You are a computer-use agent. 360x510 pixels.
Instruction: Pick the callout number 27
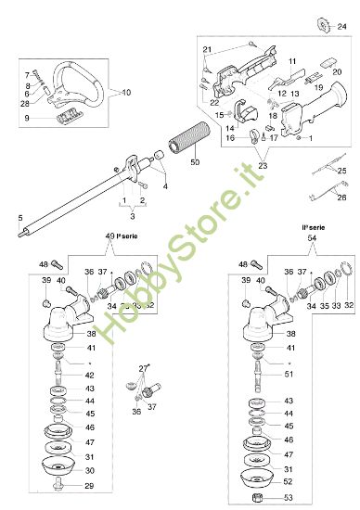(x=144, y=368)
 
